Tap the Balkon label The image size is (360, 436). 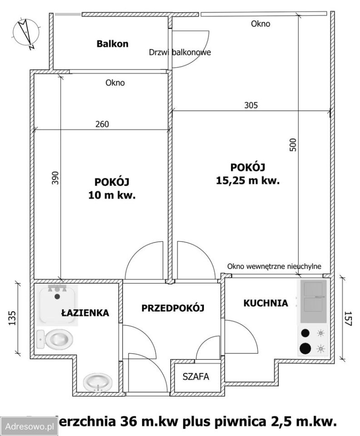pyautogui.click(x=112, y=44)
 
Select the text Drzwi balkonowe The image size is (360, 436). pyautogui.click(x=180, y=52)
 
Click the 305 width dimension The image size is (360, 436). pyautogui.click(x=251, y=105)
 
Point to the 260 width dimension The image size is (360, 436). pyautogui.click(x=102, y=124)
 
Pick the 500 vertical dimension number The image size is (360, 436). pyautogui.click(x=293, y=144)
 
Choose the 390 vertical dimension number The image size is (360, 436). pyautogui.click(x=55, y=178)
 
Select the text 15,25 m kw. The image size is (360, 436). pyautogui.click(x=247, y=180)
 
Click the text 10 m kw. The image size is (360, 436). pyautogui.click(x=112, y=196)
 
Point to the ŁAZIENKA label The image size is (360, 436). pyautogui.click(x=85, y=312)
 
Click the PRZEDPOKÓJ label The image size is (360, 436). pyautogui.click(x=173, y=307)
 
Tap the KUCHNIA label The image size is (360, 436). pyautogui.click(x=266, y=303)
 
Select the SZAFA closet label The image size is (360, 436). pyautogui.click(x=196, y=377)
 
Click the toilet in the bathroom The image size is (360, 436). pyautogui.click(x=55, y=339)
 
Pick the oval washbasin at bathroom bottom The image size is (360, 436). pyautogui.click(x=98, y=382)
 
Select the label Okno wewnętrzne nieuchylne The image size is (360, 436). pyautogui.click(x=275, y=266)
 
